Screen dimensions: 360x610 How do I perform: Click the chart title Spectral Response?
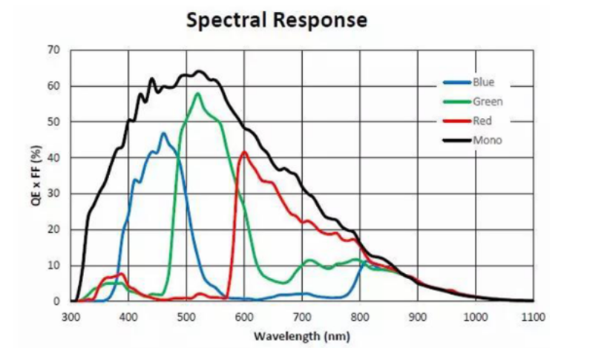277,20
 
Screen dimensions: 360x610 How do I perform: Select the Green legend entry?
486,102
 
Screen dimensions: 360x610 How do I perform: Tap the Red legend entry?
482,121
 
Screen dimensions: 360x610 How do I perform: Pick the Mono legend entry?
485,140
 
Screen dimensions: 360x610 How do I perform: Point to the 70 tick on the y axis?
53,50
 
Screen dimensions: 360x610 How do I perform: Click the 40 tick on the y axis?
53,157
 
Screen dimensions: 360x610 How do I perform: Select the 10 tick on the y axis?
53,265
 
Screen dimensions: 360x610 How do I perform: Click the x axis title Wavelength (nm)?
301,336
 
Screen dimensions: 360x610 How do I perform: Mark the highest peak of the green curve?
197,94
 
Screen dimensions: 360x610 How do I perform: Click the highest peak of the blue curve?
163,134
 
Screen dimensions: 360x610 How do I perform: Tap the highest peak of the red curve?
244,152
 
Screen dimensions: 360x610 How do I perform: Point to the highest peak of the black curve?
198,71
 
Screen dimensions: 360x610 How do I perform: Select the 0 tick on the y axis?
56,301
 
